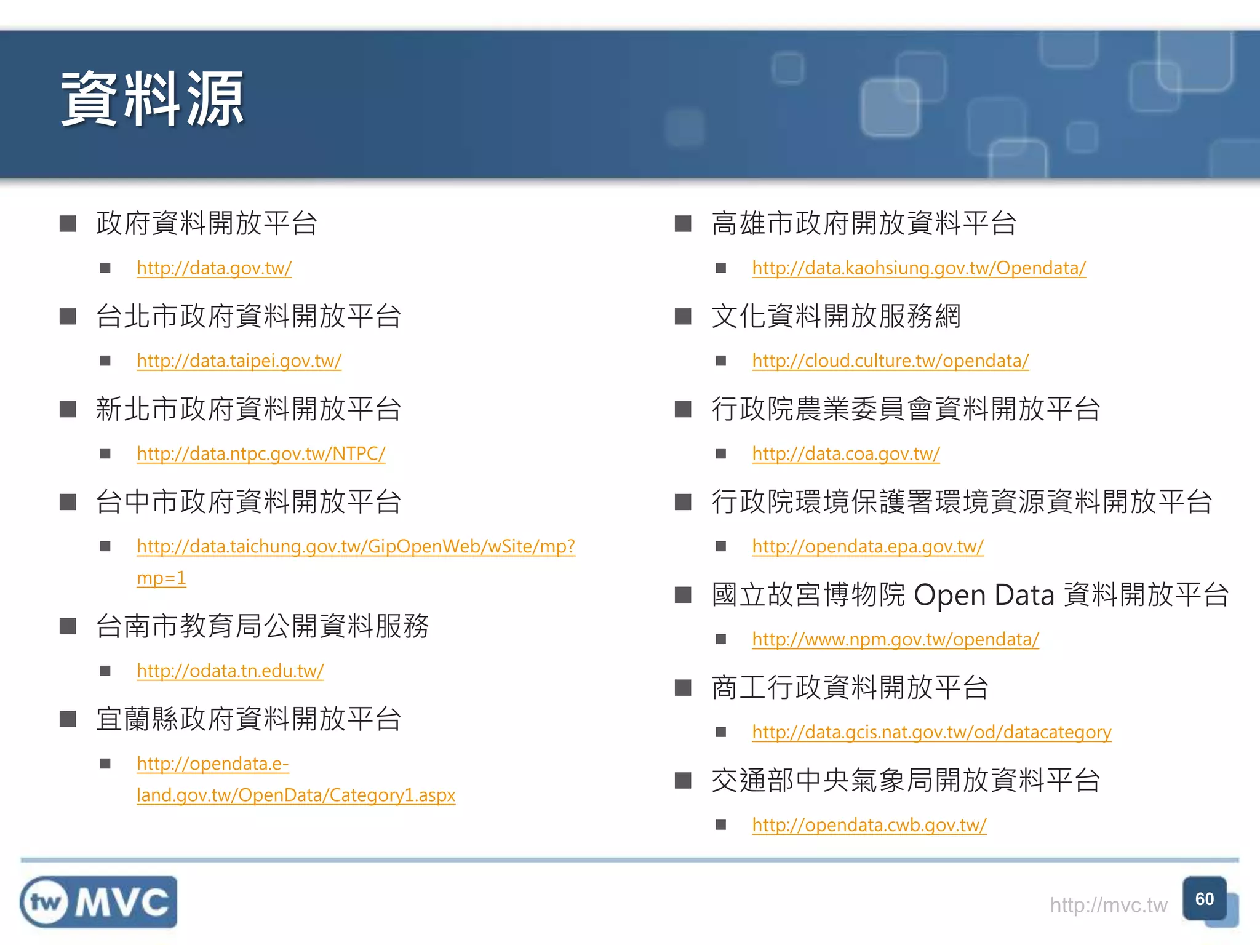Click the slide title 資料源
(x=152, y=100)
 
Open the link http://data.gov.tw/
(x=213, y=268)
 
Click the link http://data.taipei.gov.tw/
(x=239, y=361)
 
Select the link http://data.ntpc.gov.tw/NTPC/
(x=261, y=454)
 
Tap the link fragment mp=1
(x=161, y=578)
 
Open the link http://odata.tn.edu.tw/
(x=230, y=671)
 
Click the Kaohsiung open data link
(x=919, y=268)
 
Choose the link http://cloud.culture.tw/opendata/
(x=890, y=361)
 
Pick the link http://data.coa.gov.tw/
(x=846, y=454)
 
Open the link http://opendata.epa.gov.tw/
(x=867, y=547)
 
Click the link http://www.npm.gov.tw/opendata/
(x=895, y=640)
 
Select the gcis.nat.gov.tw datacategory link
(x=931, y=733)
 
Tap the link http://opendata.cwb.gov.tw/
(x=869, y=826)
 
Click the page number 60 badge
(x=1205, y=899)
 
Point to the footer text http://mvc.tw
(x=1108, y=905)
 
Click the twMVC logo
(x=98, y=902)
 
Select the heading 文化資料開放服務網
(x=835, y=316)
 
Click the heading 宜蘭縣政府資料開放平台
(x=249, y=719)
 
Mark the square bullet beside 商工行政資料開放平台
(x=683, y=688)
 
